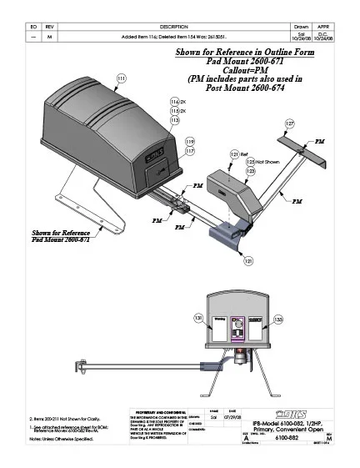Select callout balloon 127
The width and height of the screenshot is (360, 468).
pos(289,123)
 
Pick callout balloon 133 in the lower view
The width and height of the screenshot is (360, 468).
pos(277,319)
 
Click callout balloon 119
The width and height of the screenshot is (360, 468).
pos(190,141)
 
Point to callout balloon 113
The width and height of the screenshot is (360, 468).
pos(175,120)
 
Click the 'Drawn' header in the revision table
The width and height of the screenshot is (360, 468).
pos(302,28)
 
